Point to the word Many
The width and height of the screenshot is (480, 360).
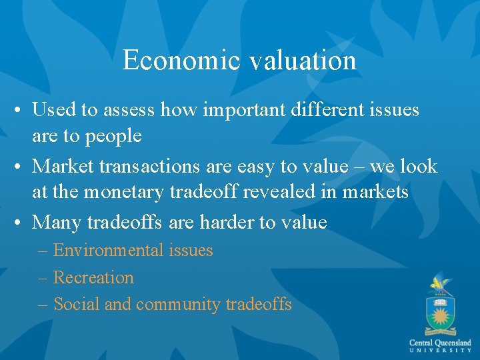pyautogui.click(x=57, y=221)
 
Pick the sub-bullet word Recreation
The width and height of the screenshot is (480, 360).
pyautogui.click(x=93, y=277)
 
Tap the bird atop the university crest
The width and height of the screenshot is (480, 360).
pyautogui.click(x=439, y=283)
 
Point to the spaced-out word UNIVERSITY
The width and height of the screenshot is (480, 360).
pyautogui.click(x=440, y=351)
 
